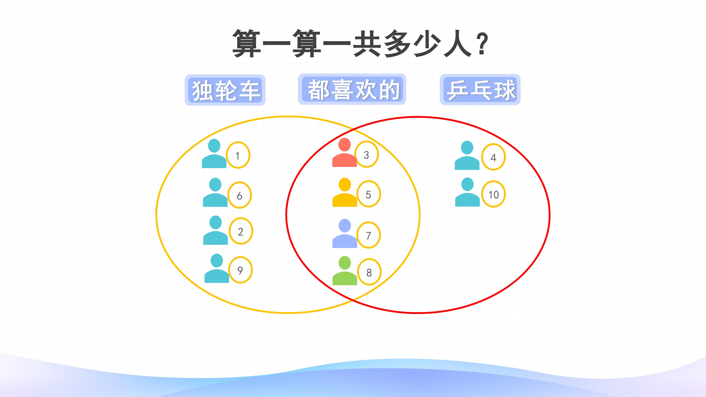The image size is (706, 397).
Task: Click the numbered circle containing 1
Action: point(238,155)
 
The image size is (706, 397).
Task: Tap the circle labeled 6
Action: point(240,195)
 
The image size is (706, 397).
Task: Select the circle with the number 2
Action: point(241,231)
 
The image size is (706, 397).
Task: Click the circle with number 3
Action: point(366,154)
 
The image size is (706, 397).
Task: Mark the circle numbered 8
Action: point(369,272)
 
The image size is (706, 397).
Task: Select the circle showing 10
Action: point(494,194)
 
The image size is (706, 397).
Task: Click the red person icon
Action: point(344,153)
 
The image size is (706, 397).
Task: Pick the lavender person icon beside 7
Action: point(345,233)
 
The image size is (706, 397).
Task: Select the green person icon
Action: point(345,271)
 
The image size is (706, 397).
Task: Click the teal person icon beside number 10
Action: point(468,192)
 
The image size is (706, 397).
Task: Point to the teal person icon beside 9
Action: point(217,268)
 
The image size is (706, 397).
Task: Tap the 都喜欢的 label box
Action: point(352,89)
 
